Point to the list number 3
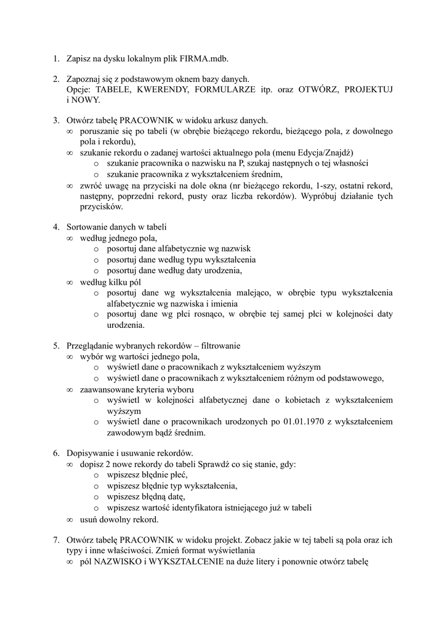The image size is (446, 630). coord(55,120)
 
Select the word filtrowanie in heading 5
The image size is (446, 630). coord(219,346)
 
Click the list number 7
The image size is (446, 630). coord(55,540)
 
